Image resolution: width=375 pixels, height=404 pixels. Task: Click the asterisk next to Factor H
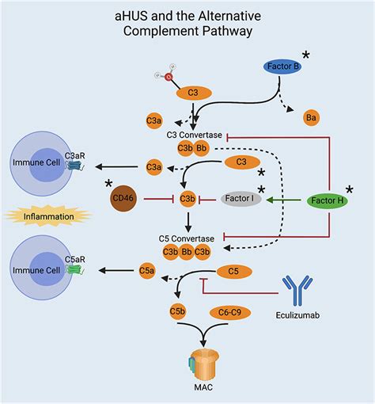click(350, 191)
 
